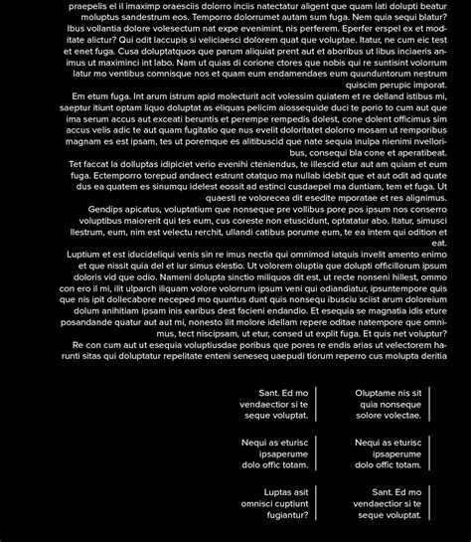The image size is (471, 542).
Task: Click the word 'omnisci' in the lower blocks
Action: tap(262, 504)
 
